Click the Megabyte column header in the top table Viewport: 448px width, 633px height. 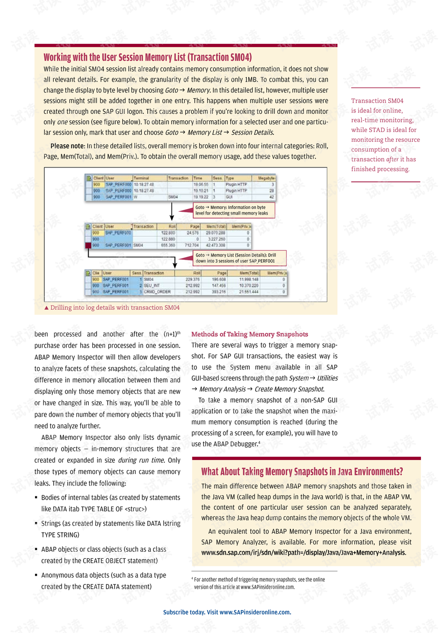(x=266, y=178)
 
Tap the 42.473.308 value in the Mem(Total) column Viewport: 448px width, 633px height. (x=216, y=245)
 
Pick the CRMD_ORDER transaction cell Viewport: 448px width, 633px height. (x=157, y=292)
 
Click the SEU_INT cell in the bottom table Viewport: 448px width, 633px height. (x=152, y=285)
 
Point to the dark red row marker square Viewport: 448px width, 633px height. (x=88, y=245)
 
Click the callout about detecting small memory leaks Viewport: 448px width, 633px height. (x=233, y=210)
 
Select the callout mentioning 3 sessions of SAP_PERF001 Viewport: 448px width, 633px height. (x=239, y=258)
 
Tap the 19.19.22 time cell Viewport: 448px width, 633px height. (x=201, y=197)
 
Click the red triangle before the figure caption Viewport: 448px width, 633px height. (x=46, y=308)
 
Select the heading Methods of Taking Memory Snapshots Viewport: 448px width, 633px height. (x=250, y=334)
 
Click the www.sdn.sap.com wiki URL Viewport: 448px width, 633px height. (x=303, y=553)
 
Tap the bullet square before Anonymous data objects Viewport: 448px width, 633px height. (x=36, y=575)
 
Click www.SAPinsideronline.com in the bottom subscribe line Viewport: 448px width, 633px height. (x=255, y=612)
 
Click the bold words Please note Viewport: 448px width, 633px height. (x=68, y=146)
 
